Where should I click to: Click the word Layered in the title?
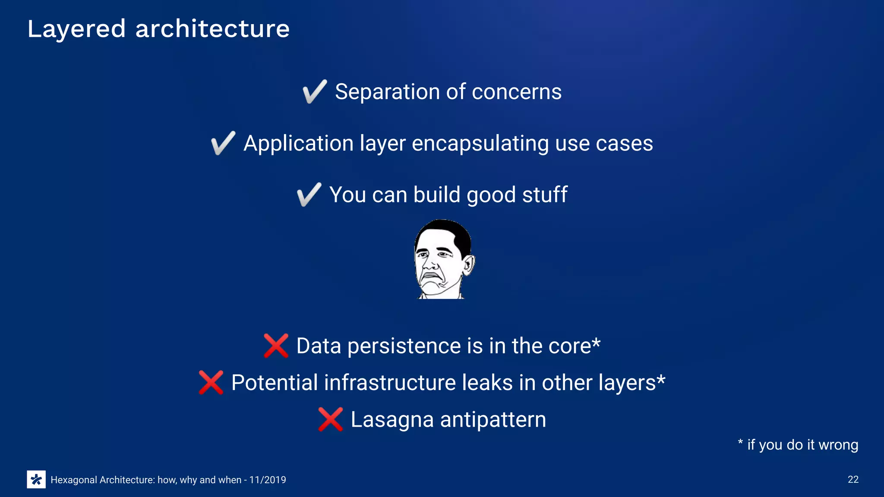[76, 29]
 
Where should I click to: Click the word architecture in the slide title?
[212, 29]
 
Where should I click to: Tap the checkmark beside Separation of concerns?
[314, 91]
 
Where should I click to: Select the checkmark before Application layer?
[223, 143]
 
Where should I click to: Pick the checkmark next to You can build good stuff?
[309, 195]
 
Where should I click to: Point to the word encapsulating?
[480, 144]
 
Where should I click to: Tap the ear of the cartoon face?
[469, 265]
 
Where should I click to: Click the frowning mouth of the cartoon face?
[430, 277]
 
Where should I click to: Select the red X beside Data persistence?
[276, 346]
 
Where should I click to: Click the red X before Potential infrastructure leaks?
[211, 382]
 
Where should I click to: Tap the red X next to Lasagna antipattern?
[330, 419]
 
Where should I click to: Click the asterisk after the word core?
[596, 343]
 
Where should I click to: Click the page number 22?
[853, 479]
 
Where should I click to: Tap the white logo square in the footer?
[36, 479]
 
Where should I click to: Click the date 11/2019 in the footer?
[268, 480]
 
